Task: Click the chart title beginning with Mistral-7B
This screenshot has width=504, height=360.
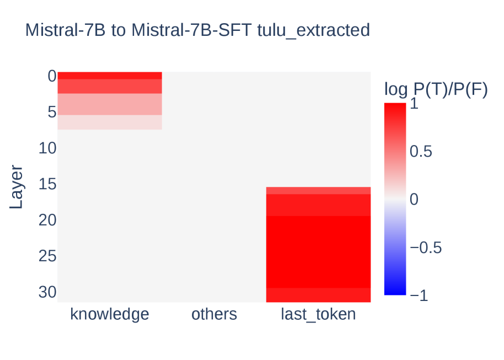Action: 197,30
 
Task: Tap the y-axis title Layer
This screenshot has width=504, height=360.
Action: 16,187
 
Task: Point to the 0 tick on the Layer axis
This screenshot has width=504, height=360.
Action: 52,77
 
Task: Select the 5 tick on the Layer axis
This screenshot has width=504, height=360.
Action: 52,112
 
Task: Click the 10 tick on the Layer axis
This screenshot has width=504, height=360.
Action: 47,148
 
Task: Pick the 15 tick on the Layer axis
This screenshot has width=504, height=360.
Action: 47,184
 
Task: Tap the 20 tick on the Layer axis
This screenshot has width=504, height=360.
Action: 47,220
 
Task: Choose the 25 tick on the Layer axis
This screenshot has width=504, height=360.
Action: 47,256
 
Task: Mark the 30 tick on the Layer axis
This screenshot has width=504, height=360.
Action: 47,292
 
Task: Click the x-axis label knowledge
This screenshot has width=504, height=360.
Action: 110,314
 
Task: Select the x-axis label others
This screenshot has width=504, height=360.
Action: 214,314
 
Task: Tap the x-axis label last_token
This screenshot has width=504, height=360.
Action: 318,314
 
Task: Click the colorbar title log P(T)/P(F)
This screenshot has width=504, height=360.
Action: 436,89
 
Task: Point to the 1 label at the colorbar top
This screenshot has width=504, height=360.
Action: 414,104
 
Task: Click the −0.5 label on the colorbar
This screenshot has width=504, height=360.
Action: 426,248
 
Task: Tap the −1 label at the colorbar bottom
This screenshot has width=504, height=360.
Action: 419,295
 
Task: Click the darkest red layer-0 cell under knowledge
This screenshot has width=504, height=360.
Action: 110,76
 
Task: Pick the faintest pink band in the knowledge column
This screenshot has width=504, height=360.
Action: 110,122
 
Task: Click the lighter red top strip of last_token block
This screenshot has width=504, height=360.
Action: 318,191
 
